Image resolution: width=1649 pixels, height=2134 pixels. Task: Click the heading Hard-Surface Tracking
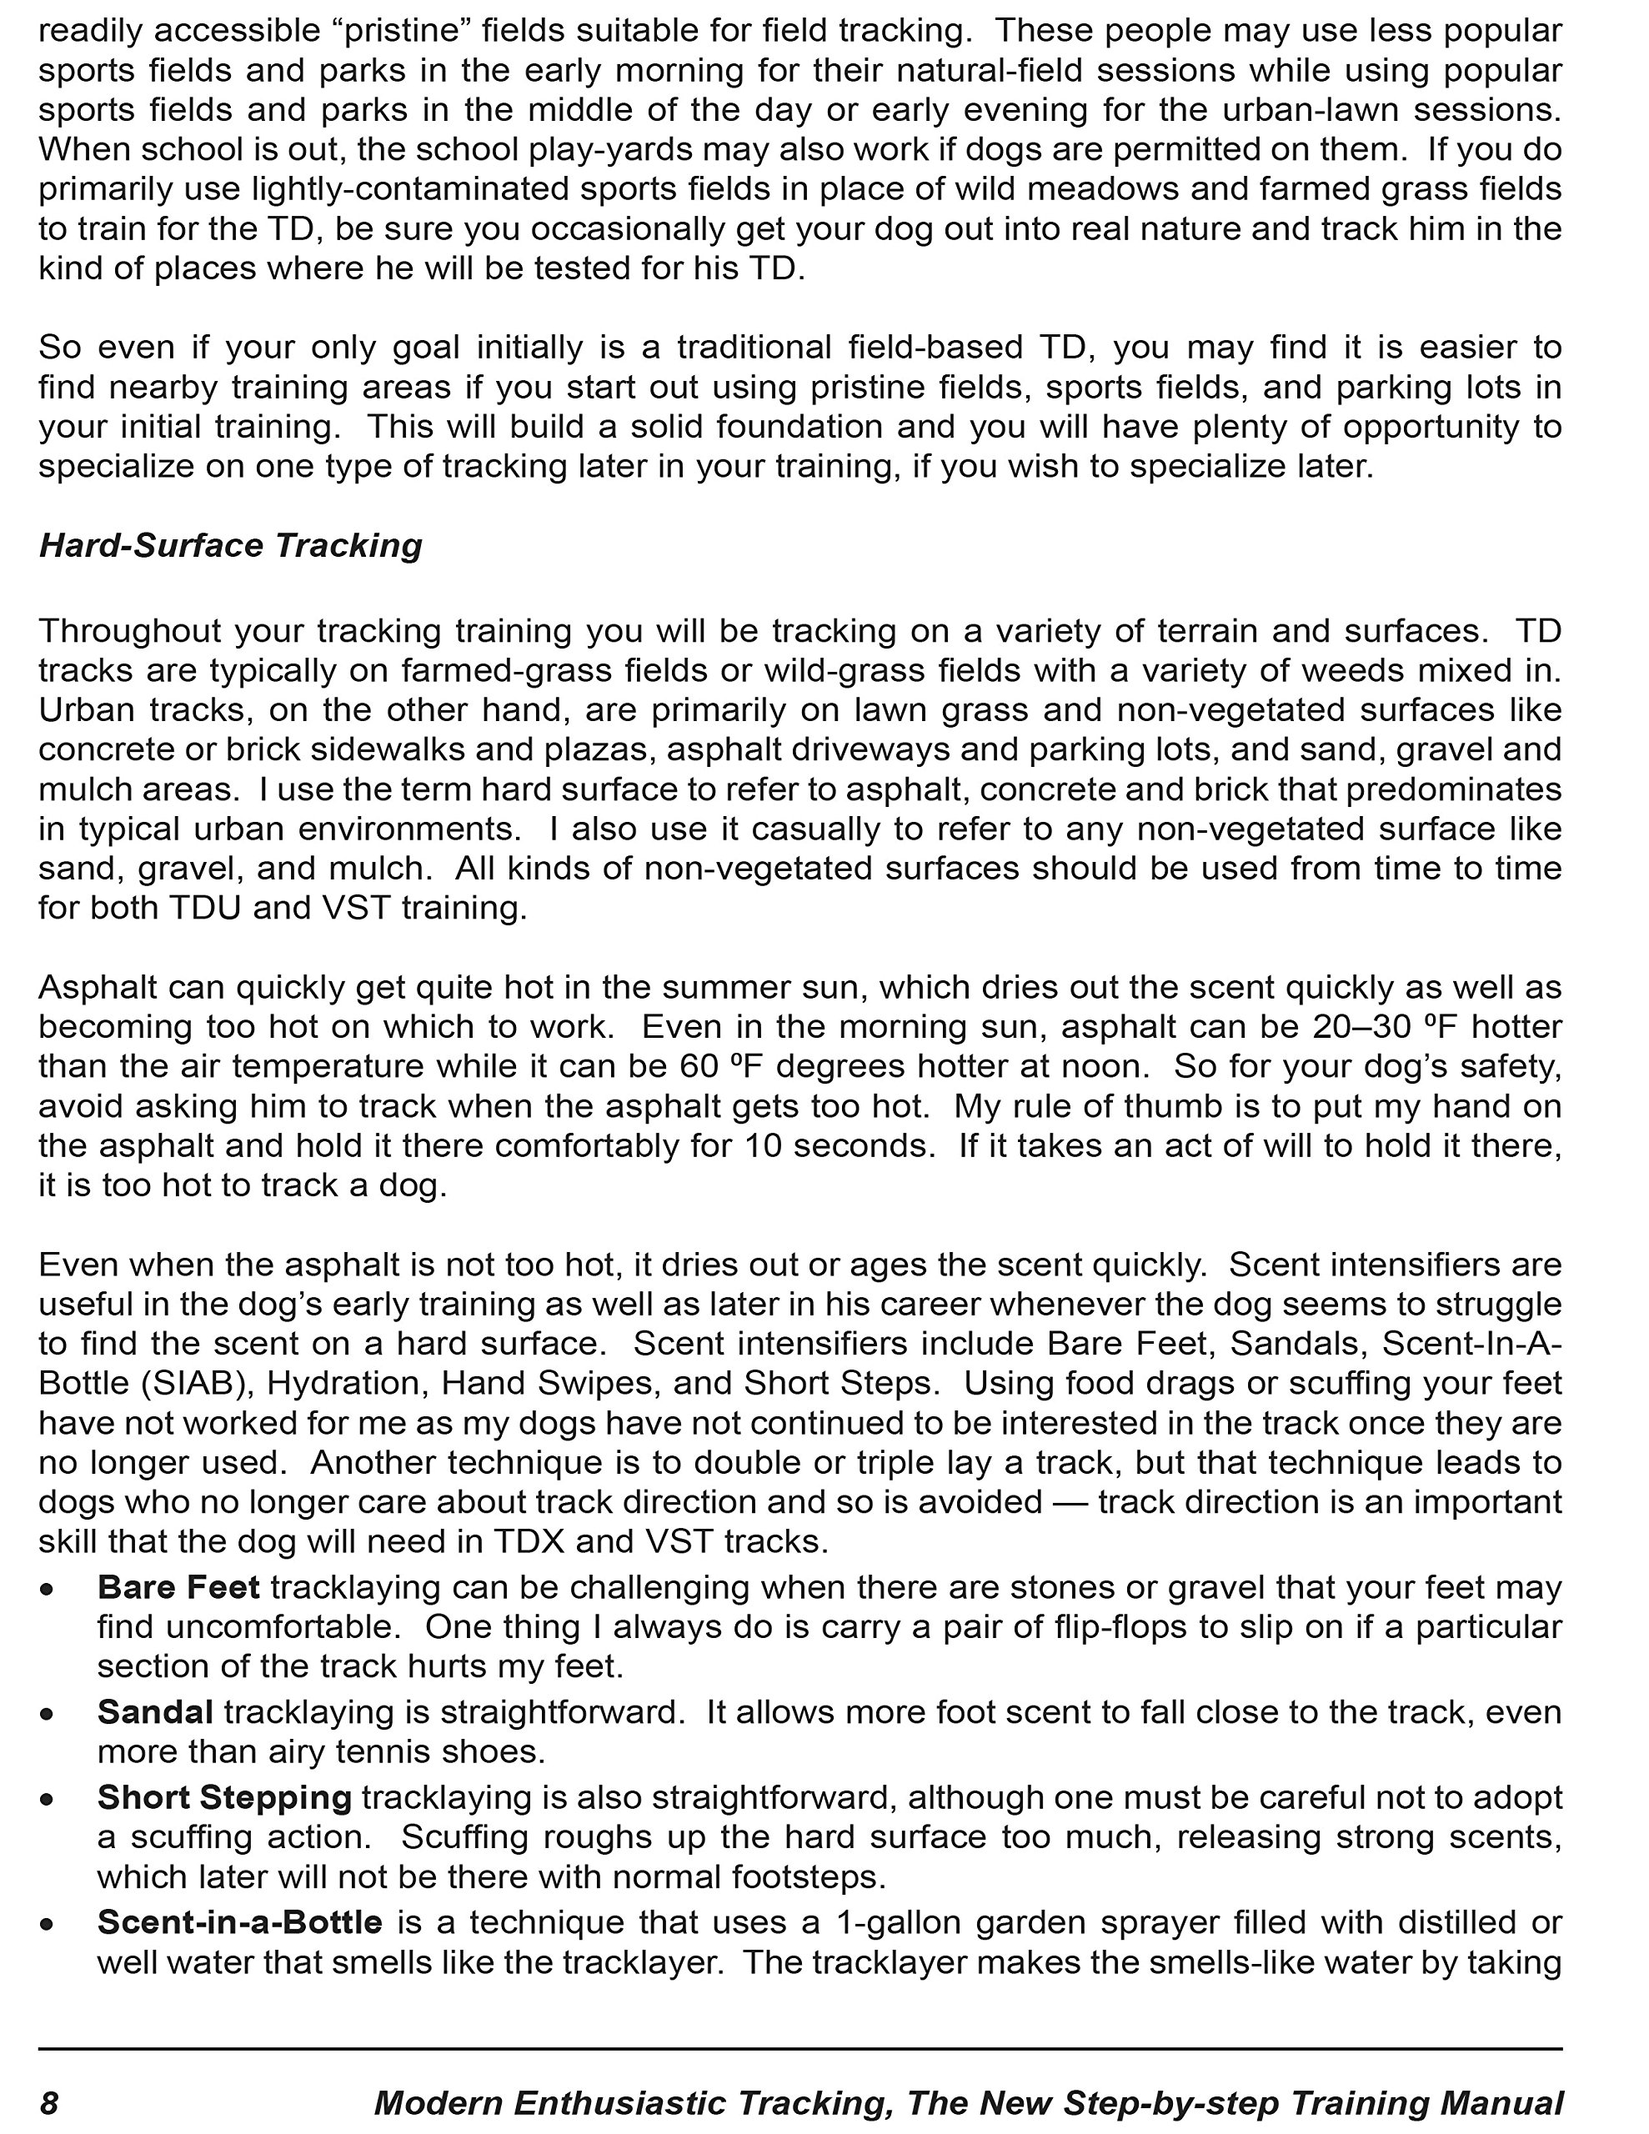tap(231, 545)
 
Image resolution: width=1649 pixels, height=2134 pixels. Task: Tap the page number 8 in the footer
tap(49, 2101)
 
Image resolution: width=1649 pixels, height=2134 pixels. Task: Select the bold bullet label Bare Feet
tap(179, 1587)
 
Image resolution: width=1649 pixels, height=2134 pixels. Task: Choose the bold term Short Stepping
tap(225, 1797)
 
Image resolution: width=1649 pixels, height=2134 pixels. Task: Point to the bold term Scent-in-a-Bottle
tap(239, 1922)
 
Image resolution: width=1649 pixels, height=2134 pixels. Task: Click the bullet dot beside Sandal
tap(47, 1714)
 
